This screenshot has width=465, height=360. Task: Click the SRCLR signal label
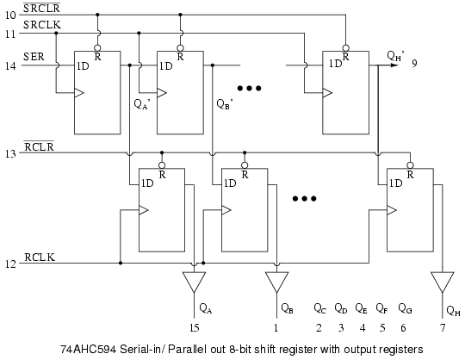pyautogui.click(x=42, y=8)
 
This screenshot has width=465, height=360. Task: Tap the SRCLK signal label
pyautogui.click(x=42, y=25)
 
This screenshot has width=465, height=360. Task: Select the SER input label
pyautogui.click(x=34, y=57)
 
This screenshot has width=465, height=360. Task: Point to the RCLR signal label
pyautogui.click(x=39, y=146)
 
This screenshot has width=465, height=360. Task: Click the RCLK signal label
pyautogui.click(x=40, y=258)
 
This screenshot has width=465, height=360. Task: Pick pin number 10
pyautogui.click(x=10, y=16)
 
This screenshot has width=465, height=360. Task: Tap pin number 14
pyautogui.click(x=10, y=65)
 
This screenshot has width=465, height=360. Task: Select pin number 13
pyautogui.click(x=10, y=153)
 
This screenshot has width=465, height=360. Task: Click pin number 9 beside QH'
pyautogui.click(x=414, y=64)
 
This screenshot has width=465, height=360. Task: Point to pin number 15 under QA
pyautogui.click(x=195, y=328)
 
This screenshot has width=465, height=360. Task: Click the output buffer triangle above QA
pyautogui.click(x=194, y=282)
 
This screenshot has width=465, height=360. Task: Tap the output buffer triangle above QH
pyautogui.click(x=442, y=282)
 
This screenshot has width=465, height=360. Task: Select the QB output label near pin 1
pyautogui.click(x=287, y=308)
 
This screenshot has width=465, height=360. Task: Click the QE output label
pyautogui.click(x=361, y=308)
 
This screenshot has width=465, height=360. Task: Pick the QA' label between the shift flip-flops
pyautogui.click(x=142, y=104)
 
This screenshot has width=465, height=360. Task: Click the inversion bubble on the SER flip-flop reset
pyautogui.click(x=97, y=48)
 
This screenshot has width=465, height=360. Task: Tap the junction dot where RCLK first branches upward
pyautogui.click(x=121, y=263)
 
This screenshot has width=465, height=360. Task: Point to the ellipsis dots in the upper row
pyautogui.click(x=250, y=88)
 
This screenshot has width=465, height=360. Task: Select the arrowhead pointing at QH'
pyautogui.click(x=394, y=65)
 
